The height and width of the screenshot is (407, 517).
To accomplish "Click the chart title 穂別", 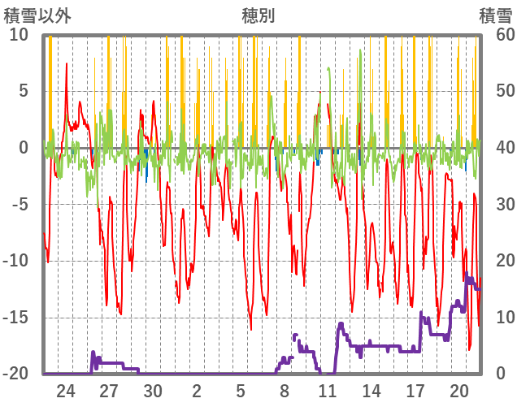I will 258,15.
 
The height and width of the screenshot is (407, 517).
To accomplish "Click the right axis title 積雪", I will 494,15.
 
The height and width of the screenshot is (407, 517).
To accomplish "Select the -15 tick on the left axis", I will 15,318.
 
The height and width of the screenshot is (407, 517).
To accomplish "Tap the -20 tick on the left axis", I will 15,375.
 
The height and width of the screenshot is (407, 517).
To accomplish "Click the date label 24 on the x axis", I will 66,391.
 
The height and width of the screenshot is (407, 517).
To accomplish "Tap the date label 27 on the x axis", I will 110,391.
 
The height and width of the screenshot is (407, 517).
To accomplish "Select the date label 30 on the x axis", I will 153,391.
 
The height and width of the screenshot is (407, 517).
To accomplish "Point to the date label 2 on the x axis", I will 197,391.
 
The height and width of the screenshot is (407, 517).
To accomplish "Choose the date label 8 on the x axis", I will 285,391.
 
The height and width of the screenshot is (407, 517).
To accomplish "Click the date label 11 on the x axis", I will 328,391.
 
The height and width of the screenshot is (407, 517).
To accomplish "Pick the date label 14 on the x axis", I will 371,391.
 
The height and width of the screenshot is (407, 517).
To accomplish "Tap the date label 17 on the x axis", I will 415,391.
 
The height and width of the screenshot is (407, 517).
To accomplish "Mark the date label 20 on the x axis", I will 458,391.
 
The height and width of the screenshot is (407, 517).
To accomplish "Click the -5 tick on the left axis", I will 19,205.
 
